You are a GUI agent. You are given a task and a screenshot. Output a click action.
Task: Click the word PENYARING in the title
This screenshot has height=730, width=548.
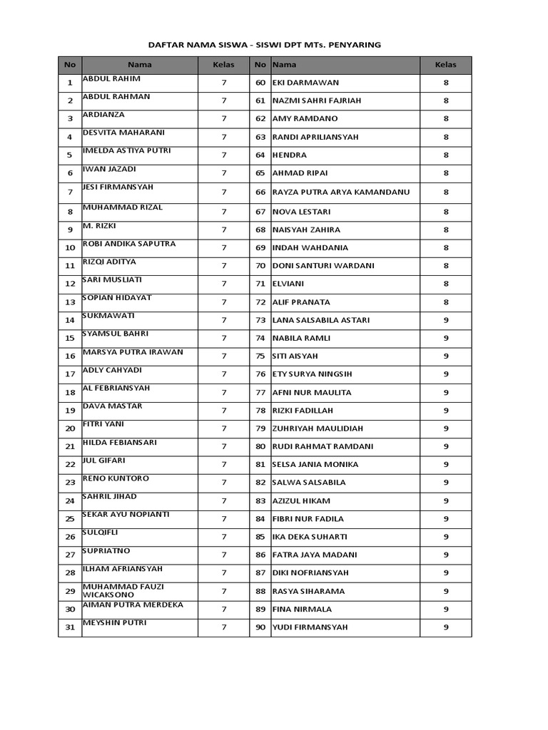coord(355,44)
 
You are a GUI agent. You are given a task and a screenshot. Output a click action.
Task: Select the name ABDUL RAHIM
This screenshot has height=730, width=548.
coord(111,78)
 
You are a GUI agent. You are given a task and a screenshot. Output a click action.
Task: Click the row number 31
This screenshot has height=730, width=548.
coord(70,627)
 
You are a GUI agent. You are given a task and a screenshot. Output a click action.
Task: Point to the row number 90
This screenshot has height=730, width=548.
coord(260,627)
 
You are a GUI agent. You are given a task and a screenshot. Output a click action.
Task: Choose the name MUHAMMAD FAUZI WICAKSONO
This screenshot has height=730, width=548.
coord(123,590)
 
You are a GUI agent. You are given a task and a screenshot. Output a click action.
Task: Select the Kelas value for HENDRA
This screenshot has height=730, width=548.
coord(445,155)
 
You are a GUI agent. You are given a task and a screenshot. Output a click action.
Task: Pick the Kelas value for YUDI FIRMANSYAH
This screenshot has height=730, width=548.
coord(445,627)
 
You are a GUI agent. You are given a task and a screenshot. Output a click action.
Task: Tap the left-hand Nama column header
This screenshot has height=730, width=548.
coord(140,65)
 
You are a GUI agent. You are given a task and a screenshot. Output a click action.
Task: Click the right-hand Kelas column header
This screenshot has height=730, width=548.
coord(445,65)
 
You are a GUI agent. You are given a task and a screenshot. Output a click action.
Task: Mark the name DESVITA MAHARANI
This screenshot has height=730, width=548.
coord(123,133)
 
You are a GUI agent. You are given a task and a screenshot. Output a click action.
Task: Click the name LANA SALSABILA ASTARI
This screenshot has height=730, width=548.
coord(321,320)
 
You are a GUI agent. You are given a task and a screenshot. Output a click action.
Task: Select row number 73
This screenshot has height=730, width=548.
coord(260,320)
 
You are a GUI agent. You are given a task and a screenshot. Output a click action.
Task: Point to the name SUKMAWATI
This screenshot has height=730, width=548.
coord(108,315)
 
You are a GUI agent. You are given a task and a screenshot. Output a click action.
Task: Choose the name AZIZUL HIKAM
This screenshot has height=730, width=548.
coord(301,501)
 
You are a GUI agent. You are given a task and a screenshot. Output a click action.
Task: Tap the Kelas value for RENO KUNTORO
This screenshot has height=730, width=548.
coord(223,483)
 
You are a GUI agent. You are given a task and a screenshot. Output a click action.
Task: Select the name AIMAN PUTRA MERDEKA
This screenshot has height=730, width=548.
coord(133,605)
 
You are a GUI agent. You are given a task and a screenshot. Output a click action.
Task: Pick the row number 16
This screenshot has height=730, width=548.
coord(70,356)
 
